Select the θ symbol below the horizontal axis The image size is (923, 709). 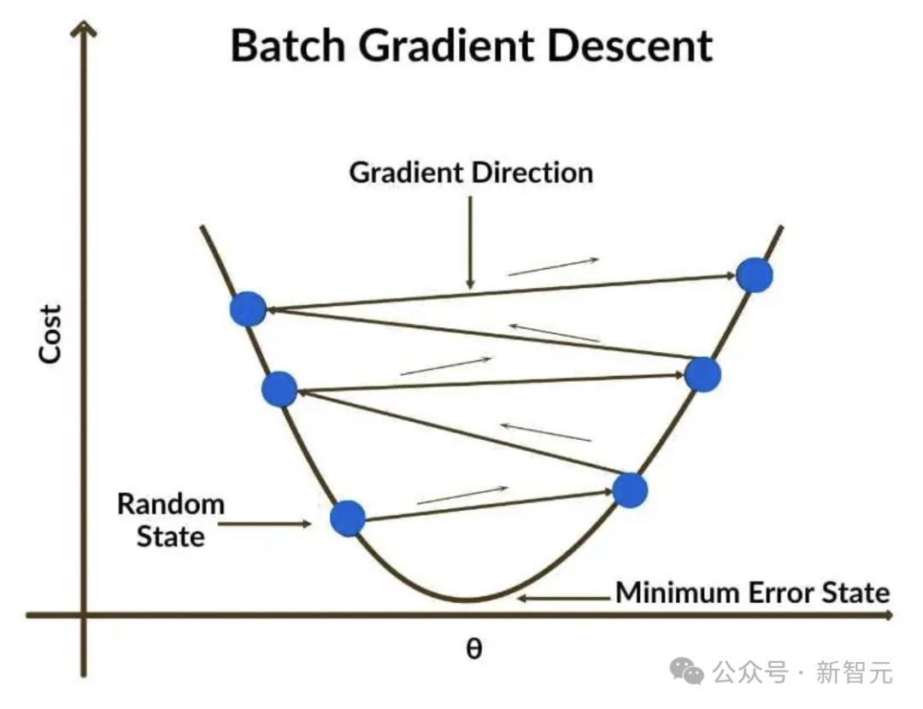473,648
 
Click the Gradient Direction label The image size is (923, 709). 471,173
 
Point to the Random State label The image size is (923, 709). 170,520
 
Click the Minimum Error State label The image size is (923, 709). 753,592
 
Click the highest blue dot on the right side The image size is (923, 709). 755,275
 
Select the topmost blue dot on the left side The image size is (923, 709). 248,308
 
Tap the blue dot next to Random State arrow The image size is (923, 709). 348,518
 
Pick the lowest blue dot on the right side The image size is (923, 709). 630,490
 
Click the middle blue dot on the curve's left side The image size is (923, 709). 279,390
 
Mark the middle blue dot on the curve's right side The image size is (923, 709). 703,374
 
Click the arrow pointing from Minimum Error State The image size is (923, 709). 564,597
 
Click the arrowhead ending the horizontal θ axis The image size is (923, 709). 889,614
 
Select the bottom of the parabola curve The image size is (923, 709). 467,600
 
